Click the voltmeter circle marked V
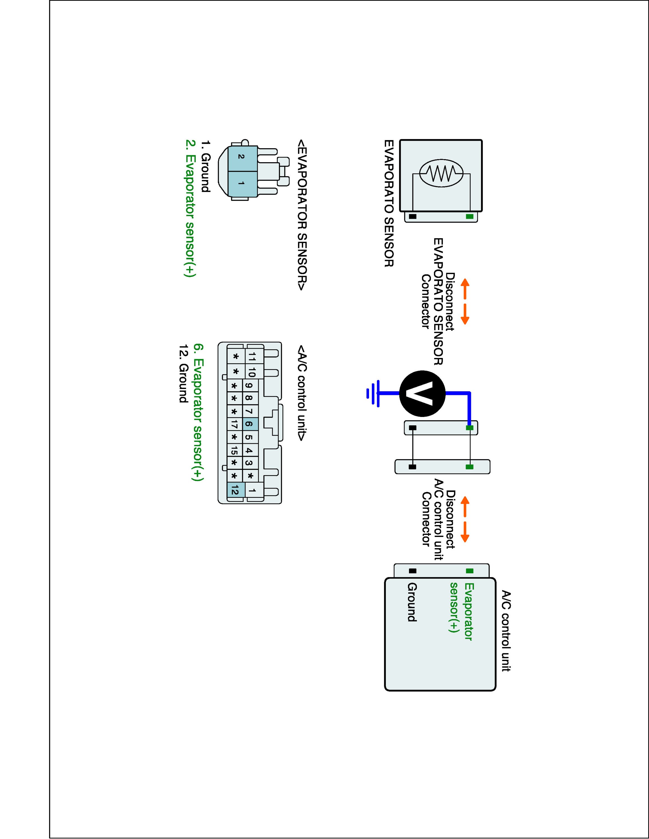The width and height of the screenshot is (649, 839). point(422,393)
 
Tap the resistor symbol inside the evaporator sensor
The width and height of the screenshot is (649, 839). point(441,173)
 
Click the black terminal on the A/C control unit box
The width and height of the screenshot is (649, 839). point(412,571)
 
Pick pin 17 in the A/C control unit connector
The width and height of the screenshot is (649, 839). point(235,424)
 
